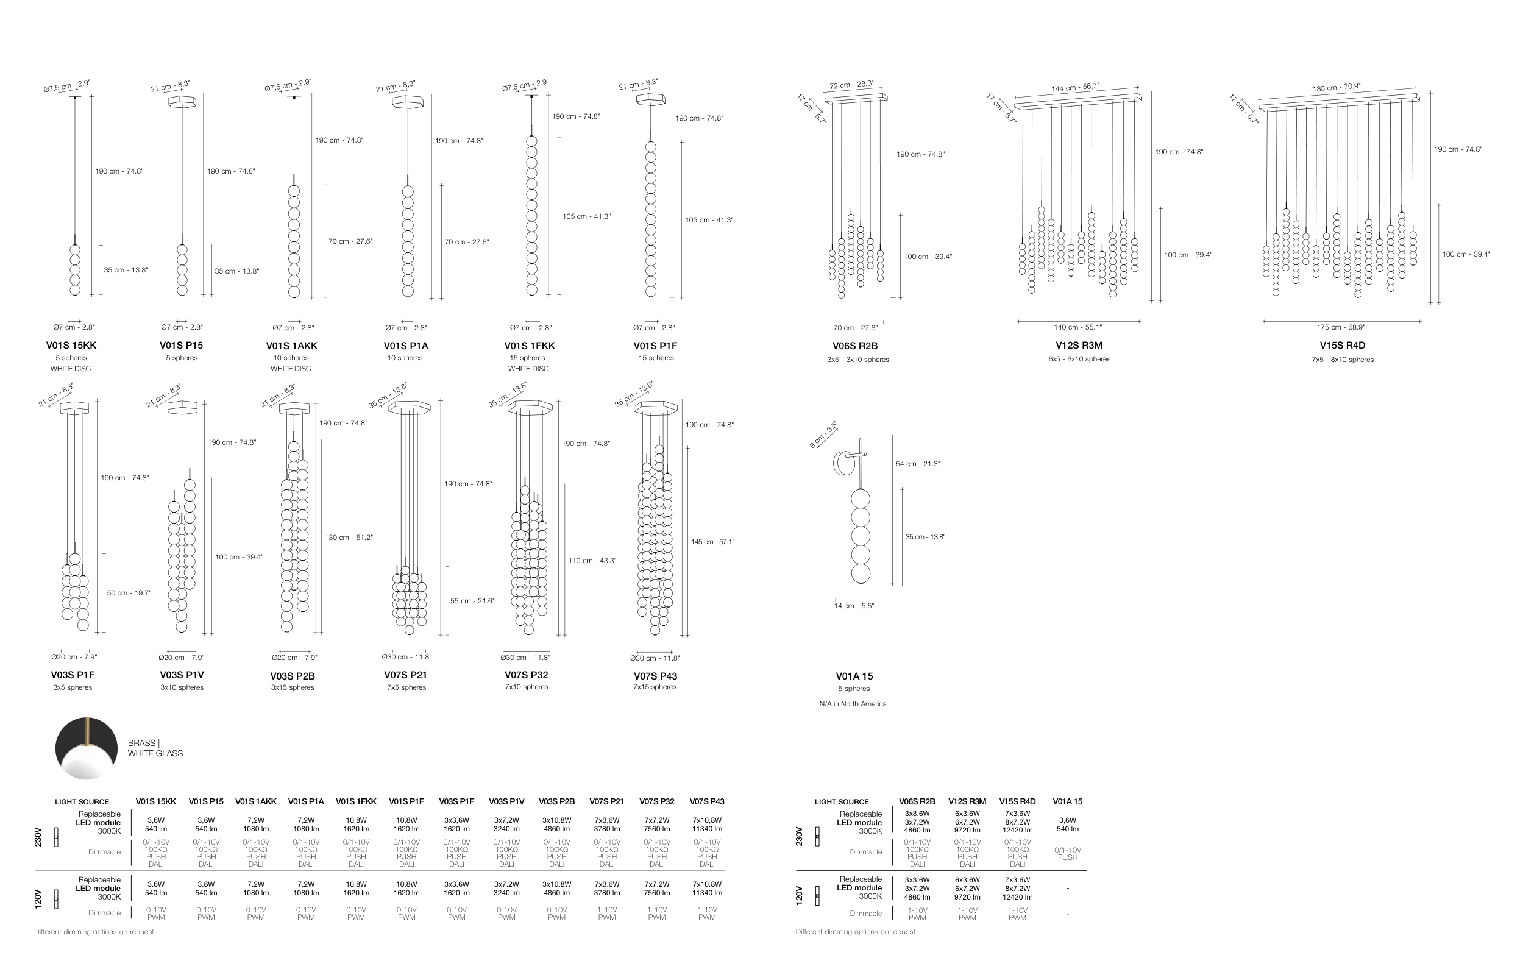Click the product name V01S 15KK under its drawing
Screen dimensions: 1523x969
pos(71,346)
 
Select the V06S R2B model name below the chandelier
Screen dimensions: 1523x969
pos(855,346)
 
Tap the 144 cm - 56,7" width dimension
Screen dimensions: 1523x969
pos(1075,87)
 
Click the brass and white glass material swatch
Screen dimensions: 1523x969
pos(87,748)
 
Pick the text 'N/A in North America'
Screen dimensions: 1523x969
pos(853,704)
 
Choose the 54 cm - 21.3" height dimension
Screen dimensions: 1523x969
pos(918,464)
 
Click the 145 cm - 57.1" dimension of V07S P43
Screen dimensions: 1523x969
pos(713,542)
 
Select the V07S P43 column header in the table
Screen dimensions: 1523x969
pos(707,801)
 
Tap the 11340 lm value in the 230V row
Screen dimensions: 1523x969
pos(707,829)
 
